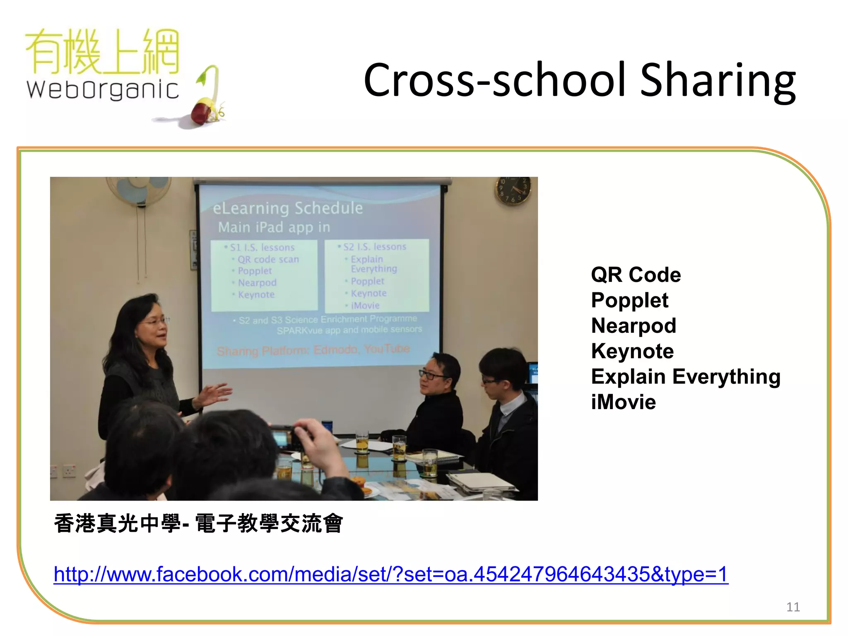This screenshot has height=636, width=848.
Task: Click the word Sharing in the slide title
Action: click(718, 80)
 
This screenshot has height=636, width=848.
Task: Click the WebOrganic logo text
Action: click(102, 89)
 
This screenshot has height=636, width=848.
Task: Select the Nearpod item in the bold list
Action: click(634, 325)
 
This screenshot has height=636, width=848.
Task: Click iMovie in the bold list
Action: click(623, 402)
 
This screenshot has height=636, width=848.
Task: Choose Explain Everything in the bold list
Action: click(685, 376)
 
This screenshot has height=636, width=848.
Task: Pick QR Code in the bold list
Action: click(636, 275)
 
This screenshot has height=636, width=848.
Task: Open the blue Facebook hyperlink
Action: click(391, 574)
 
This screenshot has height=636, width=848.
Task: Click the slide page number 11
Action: click(793, 607)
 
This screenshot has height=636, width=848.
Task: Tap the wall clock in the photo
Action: click(513, 190)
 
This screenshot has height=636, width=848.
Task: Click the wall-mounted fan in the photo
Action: click(138, 190)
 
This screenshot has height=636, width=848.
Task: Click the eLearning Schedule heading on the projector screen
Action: click(288, 208)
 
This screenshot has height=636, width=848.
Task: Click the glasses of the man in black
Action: click(432, 375)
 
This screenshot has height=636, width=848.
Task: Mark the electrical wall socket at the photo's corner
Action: click(69, 471)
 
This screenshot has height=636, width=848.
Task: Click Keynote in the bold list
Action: click(632, 351)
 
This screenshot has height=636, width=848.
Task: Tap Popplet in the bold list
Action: click(629, 300)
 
